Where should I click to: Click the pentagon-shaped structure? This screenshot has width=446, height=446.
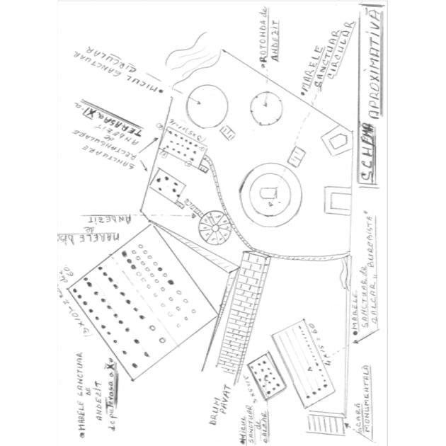click(335, 142)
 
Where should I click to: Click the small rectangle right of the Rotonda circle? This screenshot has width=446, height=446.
click(297, 156)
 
